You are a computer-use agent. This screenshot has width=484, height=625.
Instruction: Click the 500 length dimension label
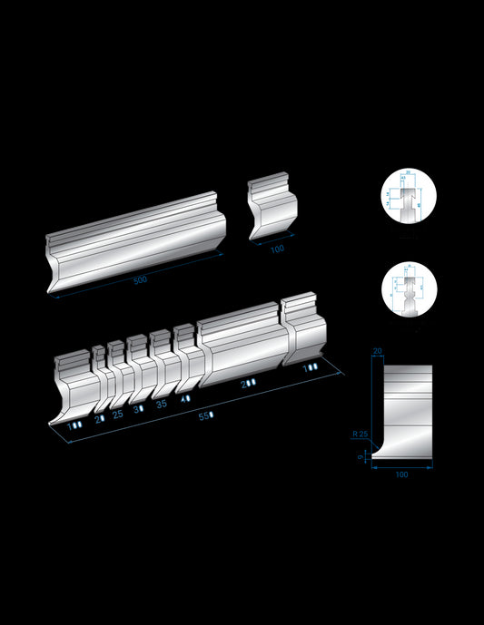139,280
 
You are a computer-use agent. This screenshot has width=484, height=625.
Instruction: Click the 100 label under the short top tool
276,249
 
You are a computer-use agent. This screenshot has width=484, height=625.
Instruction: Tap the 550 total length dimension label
206,415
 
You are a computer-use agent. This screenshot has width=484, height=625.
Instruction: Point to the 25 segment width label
117,414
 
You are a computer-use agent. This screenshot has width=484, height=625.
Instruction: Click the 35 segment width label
162,404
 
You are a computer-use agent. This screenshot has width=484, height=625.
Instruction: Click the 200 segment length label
247,385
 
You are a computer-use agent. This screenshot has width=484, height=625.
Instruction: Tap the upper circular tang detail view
408,198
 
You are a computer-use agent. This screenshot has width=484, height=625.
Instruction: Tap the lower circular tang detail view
408,290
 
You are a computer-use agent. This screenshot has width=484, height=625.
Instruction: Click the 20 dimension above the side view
377,350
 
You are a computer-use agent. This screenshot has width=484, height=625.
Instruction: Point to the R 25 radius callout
361,435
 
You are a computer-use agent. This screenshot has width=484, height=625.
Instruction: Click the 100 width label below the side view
402,474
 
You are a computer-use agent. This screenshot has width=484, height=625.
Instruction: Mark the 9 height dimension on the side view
361,457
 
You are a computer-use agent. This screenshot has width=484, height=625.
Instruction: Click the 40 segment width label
185,398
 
